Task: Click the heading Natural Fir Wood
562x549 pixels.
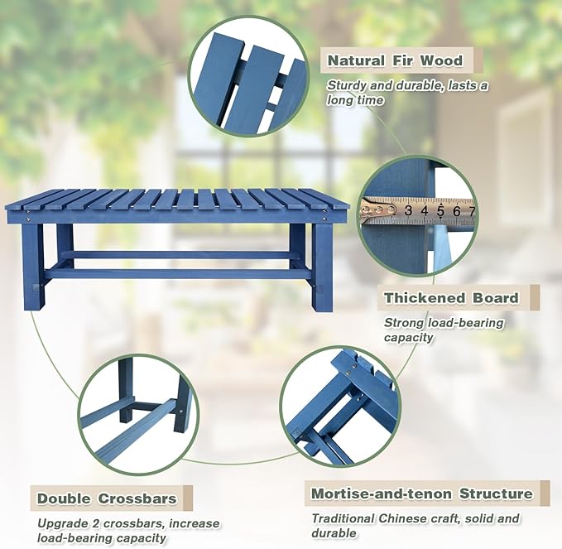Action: [x=395, y=60]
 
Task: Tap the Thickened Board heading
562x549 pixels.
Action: [x=451, y=297]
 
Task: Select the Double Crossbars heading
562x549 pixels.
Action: [x=107, y=498]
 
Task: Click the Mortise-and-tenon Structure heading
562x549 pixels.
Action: [x=421, y=494]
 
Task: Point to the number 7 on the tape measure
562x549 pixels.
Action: [x=470, y=211]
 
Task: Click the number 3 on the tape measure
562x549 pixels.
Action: [x=408, y=211]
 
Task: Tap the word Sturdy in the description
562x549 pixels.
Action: [x=348, y=85]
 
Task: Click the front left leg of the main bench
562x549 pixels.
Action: [x=33, y=265]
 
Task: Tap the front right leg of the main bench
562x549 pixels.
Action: [x=322, y=265]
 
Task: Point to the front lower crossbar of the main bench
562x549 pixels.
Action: [x=178, y=273]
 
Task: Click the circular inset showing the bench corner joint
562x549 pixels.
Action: [x=339, y=406]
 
